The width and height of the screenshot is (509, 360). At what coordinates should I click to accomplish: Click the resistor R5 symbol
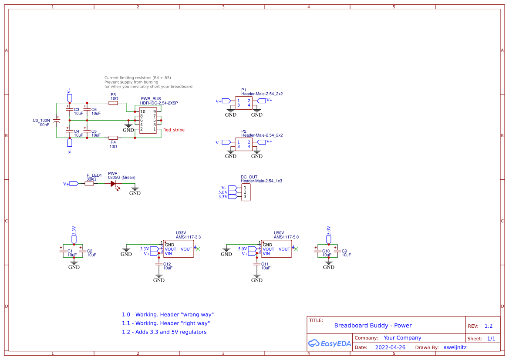click(113, 103)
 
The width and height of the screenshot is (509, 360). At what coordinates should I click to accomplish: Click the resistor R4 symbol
click(113, 138)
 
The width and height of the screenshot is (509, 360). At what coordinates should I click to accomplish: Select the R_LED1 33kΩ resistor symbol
click(89, 184)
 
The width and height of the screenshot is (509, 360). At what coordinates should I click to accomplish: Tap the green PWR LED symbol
click(115, 184)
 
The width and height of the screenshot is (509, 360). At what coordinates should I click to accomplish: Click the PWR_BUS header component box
click(148, 121)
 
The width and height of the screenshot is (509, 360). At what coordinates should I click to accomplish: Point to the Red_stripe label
click(174, 130)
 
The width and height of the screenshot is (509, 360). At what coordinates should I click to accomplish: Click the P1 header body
click(244, 103)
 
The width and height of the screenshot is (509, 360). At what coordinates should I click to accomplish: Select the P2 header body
click(244, 144)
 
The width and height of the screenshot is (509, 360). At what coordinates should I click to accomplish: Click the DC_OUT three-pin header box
click(245, 192)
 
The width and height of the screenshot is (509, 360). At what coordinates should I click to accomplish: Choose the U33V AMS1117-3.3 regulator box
click(179, 249)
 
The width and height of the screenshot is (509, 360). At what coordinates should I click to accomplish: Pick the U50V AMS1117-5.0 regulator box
click(276, 249)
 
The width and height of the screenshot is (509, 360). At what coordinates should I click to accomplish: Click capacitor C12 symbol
click(159, 263)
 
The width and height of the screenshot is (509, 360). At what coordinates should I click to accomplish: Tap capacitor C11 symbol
click(257, 263)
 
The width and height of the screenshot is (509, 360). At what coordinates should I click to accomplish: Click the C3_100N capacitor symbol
click(57, 120)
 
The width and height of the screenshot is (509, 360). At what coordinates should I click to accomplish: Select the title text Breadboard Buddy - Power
click(373, 326)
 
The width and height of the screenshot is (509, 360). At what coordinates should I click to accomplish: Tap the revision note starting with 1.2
click(164, 332)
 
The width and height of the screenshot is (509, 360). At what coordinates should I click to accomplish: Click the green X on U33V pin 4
click(198, 249)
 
